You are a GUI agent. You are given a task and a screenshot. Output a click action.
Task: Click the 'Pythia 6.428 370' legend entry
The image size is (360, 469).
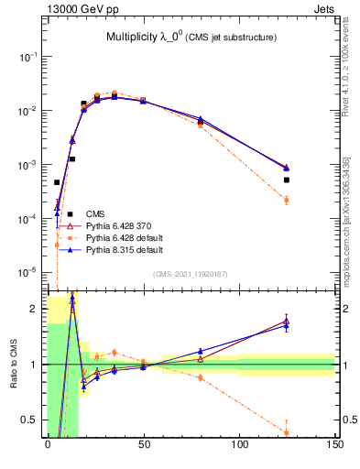118,225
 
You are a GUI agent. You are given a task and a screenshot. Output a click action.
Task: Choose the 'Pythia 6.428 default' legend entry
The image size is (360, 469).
124,237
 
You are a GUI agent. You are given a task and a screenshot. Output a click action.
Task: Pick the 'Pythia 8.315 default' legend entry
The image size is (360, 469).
124,249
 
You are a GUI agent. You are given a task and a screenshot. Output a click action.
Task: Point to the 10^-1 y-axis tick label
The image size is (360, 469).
28,57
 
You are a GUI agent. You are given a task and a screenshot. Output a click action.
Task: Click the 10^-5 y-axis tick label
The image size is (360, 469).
28,272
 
